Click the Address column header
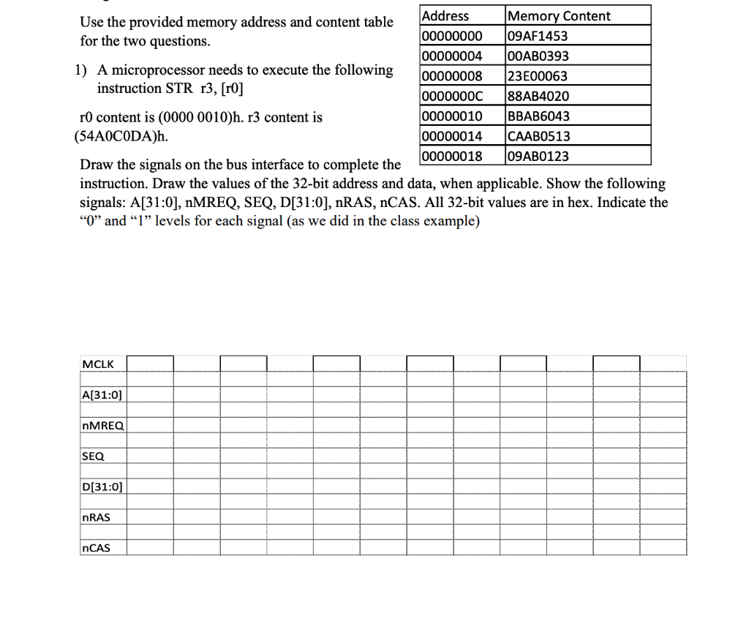point(446,15)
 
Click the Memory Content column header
point(559,15)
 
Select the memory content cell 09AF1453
point(538,36)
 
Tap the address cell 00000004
point(452,56)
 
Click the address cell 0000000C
point(452,96)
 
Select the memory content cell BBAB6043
point(538,116)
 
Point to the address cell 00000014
point(452,135)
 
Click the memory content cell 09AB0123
point(538,156)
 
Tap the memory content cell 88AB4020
point(538,96)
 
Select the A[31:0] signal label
point(102,394)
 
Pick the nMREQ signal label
point(103,425)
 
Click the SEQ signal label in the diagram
point(93,456)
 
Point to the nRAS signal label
point(96,517)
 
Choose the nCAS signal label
point(96,547)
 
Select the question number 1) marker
point(80,71)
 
